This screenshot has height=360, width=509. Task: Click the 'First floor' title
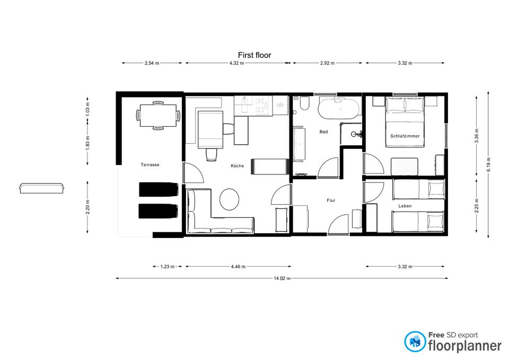pos(254,55)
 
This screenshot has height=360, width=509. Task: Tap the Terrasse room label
pos(150,165)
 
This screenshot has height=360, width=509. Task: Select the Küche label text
pos(238,165)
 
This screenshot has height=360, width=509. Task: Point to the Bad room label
pos(323,132)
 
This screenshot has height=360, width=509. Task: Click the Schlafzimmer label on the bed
pos(405,136)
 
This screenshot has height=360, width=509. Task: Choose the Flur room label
pos(331,200)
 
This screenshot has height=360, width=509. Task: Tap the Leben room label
pos(405,206)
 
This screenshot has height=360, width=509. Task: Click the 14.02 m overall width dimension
pos(282,278)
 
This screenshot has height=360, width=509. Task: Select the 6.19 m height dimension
pos(488,165)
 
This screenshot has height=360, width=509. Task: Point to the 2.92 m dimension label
pos(327,63)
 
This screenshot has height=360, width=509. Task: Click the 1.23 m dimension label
pos(167,267)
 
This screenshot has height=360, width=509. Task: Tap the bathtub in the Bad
pos(339,109)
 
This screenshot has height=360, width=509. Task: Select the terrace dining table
pos(158,116)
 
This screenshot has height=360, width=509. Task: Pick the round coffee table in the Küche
pos(229,199)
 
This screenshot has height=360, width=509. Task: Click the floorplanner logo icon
pos(415,341)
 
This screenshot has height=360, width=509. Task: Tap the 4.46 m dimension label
pos(238,267)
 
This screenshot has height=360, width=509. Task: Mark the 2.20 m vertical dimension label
pos(87,207)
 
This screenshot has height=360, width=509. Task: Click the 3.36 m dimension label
pos(477,136)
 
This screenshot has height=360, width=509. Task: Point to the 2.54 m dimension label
pos(152,63)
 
